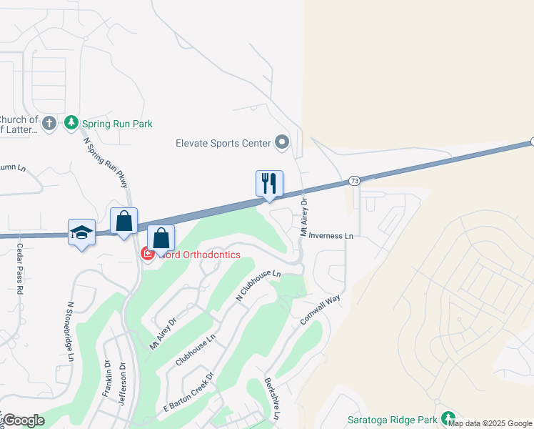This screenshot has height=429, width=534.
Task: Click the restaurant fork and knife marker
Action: [x=270, y=183]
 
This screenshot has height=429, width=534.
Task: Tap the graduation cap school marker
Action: [x=81, y=232]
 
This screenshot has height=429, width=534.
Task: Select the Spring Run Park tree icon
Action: [x=71, y=123]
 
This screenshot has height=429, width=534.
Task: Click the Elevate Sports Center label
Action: [x=223, y=143]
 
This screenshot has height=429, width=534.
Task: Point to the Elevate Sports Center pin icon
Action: [x=282, y=142]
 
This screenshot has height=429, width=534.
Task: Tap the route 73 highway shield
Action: [x=355, y=182]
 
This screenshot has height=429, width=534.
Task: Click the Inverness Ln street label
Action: [x=331, y=235]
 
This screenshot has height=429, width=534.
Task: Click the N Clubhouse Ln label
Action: [x=258, y=285]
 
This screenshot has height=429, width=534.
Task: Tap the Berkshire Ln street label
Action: [x=273, y=398]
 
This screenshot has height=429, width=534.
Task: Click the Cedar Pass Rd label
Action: [x=20, y=270]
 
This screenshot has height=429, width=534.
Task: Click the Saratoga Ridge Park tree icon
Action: [x=448, y=418]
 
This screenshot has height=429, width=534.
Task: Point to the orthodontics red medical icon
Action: [x=148, y=254]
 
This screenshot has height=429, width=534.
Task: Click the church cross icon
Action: [x=49, y=124]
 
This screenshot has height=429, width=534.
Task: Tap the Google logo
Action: [x=24, y=420]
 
